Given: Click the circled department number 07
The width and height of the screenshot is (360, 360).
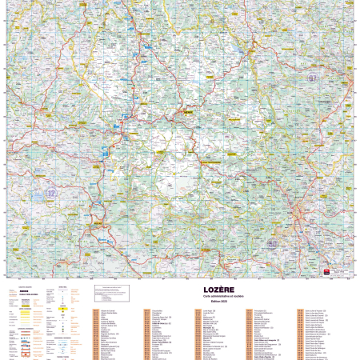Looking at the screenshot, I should [312, 78].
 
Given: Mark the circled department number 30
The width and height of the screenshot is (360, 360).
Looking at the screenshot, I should [273, 243].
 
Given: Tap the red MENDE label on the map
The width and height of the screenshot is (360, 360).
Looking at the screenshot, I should [189, 112].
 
